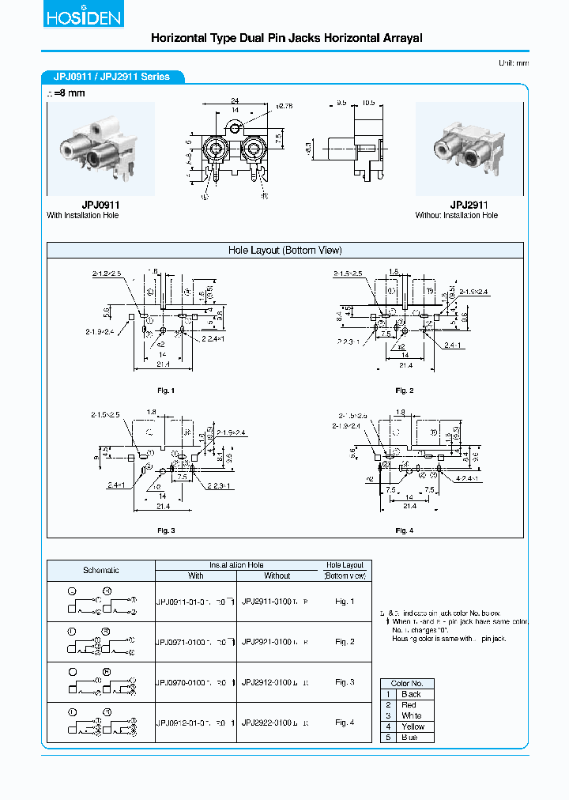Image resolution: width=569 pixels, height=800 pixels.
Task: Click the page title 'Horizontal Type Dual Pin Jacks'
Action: coord(286,38)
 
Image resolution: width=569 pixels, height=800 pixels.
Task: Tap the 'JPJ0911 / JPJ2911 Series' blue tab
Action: coord(111,77)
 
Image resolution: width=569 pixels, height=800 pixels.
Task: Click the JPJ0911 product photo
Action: coord(100,149)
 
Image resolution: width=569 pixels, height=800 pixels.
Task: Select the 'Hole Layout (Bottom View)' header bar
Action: coord(284,251)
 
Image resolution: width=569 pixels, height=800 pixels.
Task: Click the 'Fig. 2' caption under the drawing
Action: coord(404,391)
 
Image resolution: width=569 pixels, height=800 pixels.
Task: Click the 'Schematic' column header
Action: coord(101,570)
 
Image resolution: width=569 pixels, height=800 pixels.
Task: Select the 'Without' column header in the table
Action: coord(277,575)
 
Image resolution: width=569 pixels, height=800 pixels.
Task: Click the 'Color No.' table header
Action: coord(407,683)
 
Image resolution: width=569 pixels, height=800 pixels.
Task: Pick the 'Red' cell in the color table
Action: coord(409,704)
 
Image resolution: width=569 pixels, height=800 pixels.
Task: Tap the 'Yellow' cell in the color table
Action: coord(413,726)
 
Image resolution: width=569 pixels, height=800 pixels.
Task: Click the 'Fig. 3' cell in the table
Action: coord(345,681)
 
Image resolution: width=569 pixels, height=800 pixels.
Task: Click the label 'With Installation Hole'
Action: coord(82,215)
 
